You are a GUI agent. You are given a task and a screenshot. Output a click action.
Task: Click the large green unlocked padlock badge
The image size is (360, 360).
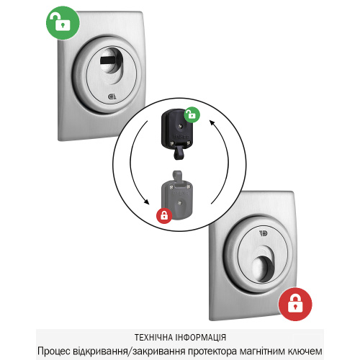tap(63, 23)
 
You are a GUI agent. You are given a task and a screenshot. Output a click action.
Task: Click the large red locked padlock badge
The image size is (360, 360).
tap(295, 305)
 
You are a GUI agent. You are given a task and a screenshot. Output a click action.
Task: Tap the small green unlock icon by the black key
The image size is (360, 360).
tap(192, 114)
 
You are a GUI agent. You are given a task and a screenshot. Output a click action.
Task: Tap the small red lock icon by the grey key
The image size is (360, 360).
tap(164, 215)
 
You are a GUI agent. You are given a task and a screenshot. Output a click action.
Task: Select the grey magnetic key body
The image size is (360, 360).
tap(177, 200)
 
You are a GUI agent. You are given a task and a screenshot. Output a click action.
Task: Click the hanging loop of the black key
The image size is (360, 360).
tap(178, 153)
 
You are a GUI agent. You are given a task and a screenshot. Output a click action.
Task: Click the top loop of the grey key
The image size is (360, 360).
tap(177, 176)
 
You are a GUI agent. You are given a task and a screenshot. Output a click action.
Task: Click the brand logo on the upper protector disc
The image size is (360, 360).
tap(112, 96)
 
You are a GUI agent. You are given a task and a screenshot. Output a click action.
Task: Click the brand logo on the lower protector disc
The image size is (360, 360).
tap(264, 233)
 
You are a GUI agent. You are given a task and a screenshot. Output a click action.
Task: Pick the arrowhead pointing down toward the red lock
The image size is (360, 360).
tap(146, 202)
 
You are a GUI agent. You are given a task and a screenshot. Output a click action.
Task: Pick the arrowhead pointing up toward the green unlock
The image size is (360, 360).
tap(212, 122)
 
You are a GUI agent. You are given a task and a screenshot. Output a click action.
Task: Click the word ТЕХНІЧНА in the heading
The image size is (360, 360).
tap(154, 337)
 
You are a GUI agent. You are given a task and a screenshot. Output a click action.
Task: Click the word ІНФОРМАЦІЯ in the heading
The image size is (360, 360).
tap(201, 337)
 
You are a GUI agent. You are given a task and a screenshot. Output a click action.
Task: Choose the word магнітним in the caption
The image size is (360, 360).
tap(262, 351)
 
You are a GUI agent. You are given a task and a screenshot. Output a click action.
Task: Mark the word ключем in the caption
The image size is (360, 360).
tap(305, 351)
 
